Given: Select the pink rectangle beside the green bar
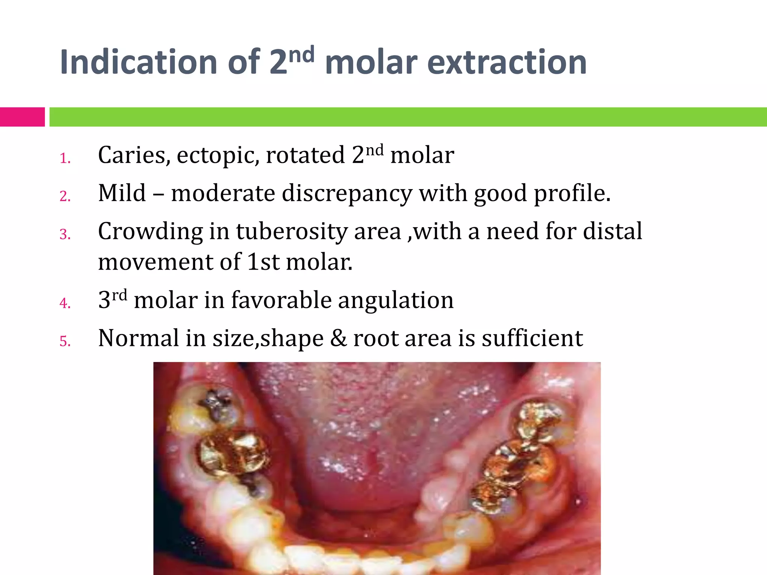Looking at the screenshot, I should pyautogui.click(x=22, y=117).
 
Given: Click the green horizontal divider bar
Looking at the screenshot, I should pyautogui.click(x=408, y=117).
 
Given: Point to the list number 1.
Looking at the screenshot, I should pyautogui.click(x=65, y=159).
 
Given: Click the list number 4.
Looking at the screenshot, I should pyautogui.click(x=65, y=303).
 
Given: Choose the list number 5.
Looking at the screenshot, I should pyautogui.click(x=65, y=341).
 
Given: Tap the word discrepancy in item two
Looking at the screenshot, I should pyautogui.click(x=347, y=194).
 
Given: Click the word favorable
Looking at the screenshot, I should pyautogui.click(x=281, y=300).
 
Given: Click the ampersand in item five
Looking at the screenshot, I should pyautogui.click(x=339, y=338).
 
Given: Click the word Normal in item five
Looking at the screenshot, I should pyautogui.click(x=139, y=338).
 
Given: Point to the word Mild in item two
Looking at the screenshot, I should pyautogui.click(x=122, y=193).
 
